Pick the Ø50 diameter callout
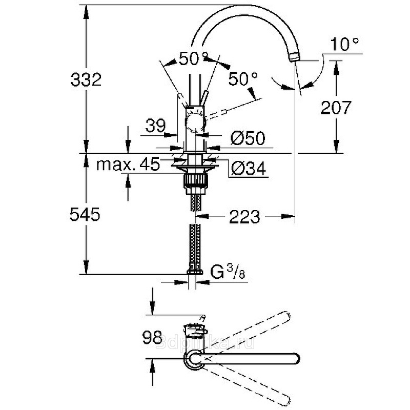(x=248, y=138)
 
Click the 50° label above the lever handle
(x=193, y=59)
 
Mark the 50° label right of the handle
(x=242, y=79)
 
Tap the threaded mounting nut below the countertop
(x=194, y=182)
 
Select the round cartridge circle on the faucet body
(x=194, y=123)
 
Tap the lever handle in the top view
(x=194, y=328)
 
